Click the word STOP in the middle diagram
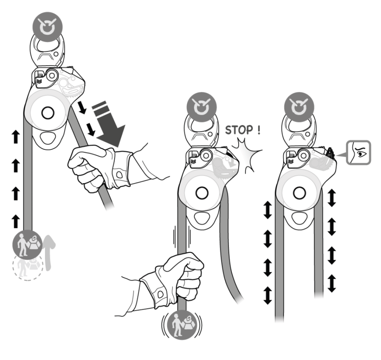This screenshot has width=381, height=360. (239, 130)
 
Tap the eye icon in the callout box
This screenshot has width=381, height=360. (359, 153)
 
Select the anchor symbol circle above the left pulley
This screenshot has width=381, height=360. (48, 27)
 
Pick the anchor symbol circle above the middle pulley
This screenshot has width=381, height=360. (202, 107)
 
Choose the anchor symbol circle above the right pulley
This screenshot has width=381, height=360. (299, 107)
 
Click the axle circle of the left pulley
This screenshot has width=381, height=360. (48, 113)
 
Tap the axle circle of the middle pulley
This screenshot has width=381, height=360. (202, 193)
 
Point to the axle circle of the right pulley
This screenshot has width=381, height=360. (299, 193)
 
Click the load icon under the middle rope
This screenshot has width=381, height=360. (182, 325)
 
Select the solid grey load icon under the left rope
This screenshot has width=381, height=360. (27, 244)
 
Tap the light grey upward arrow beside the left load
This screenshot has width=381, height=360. (50, 253)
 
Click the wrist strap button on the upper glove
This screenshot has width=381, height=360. (120, 174)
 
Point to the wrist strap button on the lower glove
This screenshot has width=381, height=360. (160, 294)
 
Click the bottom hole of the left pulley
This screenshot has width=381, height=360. (48, 138)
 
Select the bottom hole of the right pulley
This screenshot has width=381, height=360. (299, 218)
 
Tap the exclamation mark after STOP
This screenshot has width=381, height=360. (259, 130)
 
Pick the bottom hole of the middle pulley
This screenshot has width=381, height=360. (202, 218)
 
